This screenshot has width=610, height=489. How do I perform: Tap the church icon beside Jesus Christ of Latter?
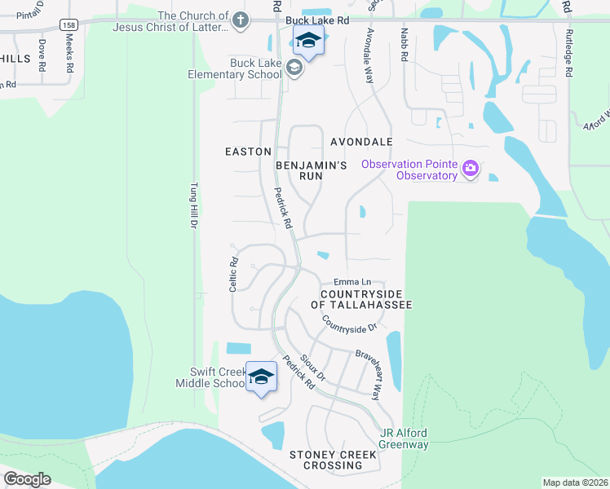tap(240, 20)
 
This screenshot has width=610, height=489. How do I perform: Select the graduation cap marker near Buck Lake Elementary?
tap(308, 41)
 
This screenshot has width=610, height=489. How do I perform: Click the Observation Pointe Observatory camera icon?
tap(470, 169)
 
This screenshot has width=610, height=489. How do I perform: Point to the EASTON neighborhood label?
tap(248, 152)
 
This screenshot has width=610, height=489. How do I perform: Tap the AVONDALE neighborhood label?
tap(361, 141)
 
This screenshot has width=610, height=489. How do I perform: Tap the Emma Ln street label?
tap(352, 282)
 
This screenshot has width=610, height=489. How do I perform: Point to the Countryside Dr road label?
tap(349, 324)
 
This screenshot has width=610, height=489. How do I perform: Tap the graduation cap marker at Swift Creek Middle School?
tap(261, 377)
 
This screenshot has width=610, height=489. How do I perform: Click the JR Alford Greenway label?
tap(404, 438)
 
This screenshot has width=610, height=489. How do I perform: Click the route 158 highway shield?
tap(69, 24)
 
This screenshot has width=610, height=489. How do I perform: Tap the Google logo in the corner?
tap(27, 478)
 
